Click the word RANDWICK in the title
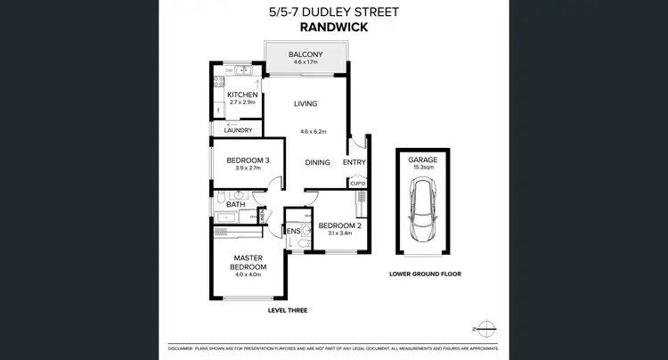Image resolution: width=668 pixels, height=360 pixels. pyautogui.click(x=334, y=28)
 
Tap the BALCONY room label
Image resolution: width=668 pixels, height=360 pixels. pyautogui.click(x=306, y=54)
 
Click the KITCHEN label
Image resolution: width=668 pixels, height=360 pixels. pyautogui.click(x=242, y=94)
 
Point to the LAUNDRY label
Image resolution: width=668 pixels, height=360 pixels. pyautogui.click(x=239, y=131)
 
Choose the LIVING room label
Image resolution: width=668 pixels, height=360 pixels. pyautogui.click(x=305, y=104)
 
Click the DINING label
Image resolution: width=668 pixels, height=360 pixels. pyautogui.click(x=318, y=163)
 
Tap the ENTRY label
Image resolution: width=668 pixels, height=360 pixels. pyautogui.click(x=354, y=162)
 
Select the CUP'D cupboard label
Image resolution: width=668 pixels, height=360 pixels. pyautogui.click(x=357, y=184)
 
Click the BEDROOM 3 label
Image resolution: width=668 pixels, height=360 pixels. pyautogui.click(x=240, y=160)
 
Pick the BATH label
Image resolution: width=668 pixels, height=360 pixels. pyautogui.click(x=235, y=204)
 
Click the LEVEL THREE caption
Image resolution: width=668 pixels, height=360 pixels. pyautogui.click(x=288, y=310)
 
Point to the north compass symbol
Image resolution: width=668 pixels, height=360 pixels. pyautogui.click(x=485, y=325)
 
